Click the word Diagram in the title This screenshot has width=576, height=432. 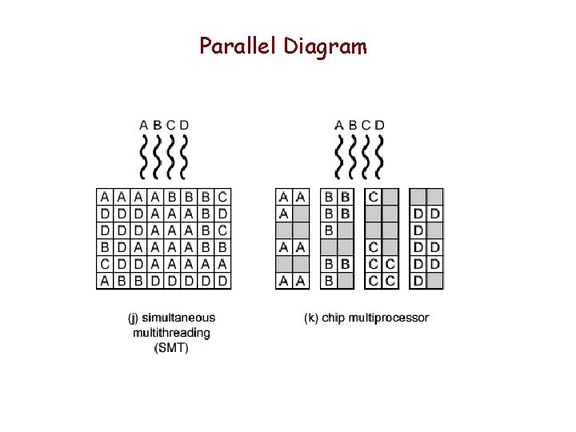point(325,47)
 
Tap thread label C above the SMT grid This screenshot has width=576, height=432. point(170,125)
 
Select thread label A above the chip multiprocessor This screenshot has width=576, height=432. point(339,125)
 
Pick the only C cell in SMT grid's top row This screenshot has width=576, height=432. point(222,196)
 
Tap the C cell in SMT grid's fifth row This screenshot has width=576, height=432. point(105,263)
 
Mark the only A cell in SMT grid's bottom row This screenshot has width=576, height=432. point(105,280)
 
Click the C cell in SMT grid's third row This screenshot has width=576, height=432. point(222,230)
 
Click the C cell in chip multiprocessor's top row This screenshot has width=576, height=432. point(373,196)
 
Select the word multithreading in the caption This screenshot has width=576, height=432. point(171,332)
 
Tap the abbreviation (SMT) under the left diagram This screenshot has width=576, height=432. point(171,347)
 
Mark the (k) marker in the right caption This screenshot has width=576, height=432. point(312,318)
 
